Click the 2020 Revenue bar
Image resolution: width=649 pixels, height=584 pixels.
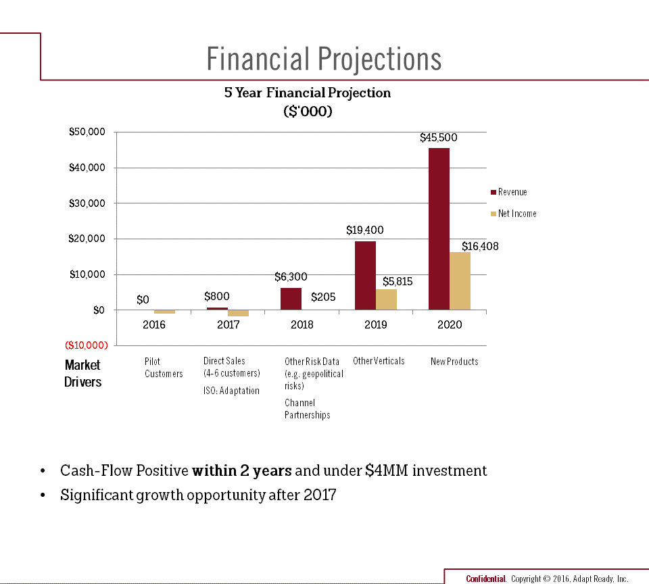pos(439,228)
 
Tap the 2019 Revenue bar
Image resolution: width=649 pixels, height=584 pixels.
pos(365,275)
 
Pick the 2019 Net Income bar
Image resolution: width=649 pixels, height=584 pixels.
pos(386,299)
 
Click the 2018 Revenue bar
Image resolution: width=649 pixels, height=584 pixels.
pos(291,299)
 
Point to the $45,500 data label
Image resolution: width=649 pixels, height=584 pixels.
pos(438,138)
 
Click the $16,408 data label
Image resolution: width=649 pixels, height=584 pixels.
pos(480,247)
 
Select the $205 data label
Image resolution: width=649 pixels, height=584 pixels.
pos(323,297)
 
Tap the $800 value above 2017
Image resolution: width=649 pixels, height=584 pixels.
pos(217,296)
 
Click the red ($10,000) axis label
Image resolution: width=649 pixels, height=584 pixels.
pos(87,345)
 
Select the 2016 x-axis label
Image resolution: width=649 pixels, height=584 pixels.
pos(154,324)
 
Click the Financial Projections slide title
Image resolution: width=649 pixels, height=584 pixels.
pos(324,59)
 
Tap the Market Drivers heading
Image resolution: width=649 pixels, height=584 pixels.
pos(82,373)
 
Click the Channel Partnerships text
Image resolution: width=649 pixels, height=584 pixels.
pos(307,409)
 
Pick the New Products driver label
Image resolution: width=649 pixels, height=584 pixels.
pos(454,362)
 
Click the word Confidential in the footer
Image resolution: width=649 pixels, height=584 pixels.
pos(486,579)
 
